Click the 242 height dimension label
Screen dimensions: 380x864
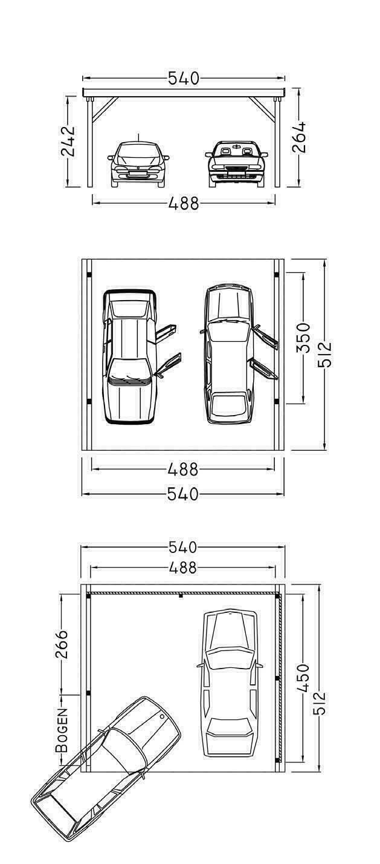(x=68, y=141)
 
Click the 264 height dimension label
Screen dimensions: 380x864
(x=298, y=137)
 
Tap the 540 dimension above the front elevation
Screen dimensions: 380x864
(x=184, y=78)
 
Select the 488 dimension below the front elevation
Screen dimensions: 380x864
(x=184, y=203)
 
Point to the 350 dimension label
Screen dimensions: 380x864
(x=303, y=338)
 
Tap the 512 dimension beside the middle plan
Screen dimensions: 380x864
(x=324, y=353)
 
